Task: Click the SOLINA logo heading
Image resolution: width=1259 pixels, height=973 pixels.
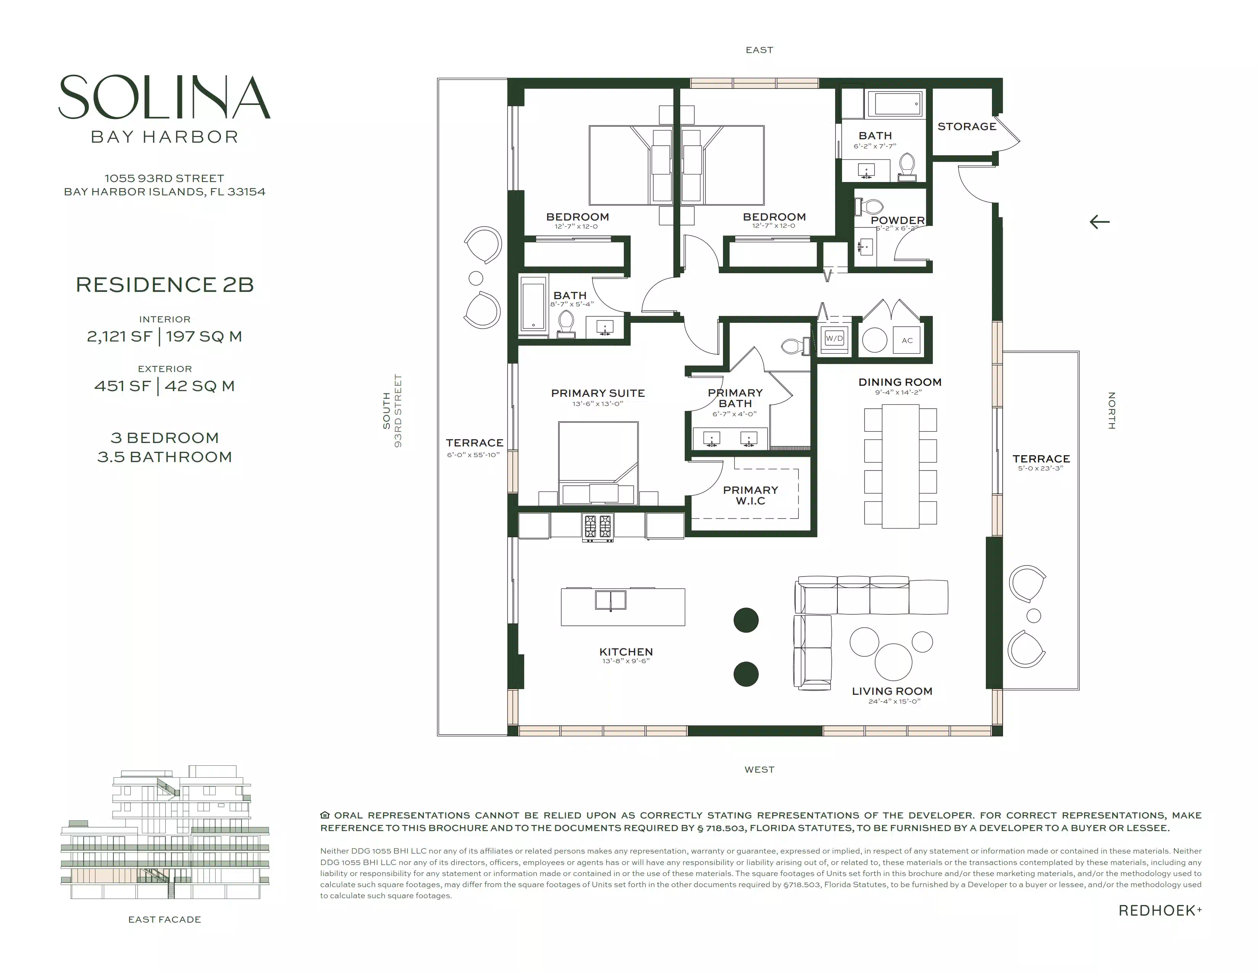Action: click(x=164, y=97)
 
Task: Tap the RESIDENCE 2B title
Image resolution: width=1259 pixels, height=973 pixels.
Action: click(x=165, y=285)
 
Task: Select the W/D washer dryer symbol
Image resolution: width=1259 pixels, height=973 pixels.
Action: click(x=834, y=338)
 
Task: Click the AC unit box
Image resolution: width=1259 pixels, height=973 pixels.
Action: click(x=907, y=340)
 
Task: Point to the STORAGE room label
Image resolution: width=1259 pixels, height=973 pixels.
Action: click(x=967, y=126)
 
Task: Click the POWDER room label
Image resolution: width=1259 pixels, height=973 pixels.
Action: click(x=898, y=220)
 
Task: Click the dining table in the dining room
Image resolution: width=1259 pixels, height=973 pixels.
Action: click(x=900, y=466)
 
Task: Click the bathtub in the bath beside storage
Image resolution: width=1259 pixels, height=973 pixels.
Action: click(x=898, y=104)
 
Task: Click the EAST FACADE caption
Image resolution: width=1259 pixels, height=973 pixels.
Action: click(x=165, y=920)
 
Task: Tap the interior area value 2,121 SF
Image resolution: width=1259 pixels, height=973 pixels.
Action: click(x=119, y=337)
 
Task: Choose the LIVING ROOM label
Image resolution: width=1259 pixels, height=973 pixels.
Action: click(x=892, y=691)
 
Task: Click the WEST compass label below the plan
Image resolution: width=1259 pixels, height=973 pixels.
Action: click(x=759, y=770)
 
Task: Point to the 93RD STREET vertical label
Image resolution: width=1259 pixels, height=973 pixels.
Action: click(x=398, y=411)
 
